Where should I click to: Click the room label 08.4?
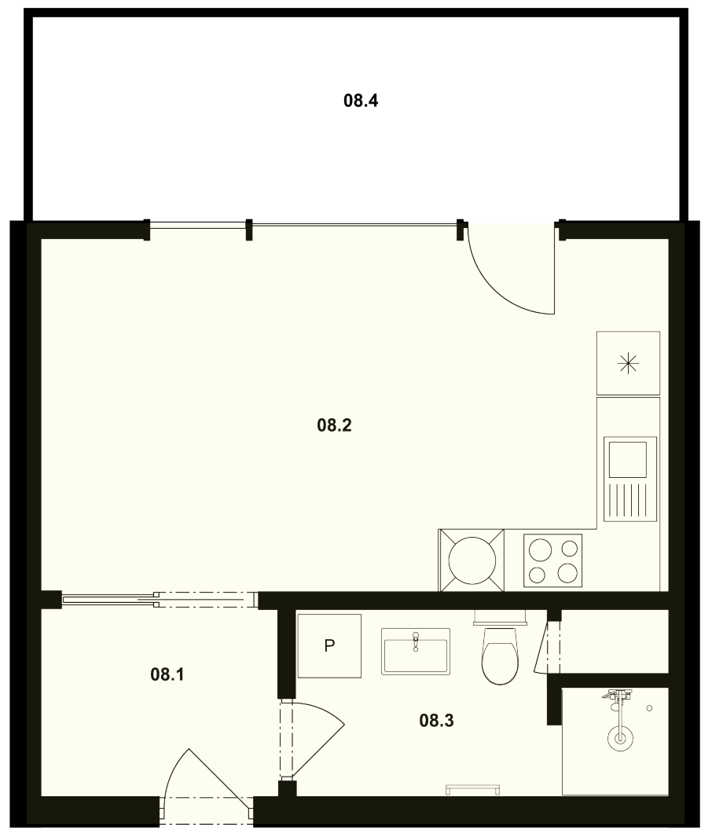click(361, 101)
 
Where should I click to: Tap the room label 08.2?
click(335, 425)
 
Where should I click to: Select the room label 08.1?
click(167, 675)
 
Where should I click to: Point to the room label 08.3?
click(437, 721)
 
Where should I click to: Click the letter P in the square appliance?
click(329, 645)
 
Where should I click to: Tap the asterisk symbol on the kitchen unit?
click(628, 364)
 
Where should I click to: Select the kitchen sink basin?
click(628, 459)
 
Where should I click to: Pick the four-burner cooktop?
click(552, 560)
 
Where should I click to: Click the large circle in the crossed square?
click(472, 560)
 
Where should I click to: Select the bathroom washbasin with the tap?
click(415, 652)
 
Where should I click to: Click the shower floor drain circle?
click(620, 738)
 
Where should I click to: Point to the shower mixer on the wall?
click(617, 696)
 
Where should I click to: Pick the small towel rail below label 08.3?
click(473, 788)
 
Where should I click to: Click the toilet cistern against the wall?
click(500, 617)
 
